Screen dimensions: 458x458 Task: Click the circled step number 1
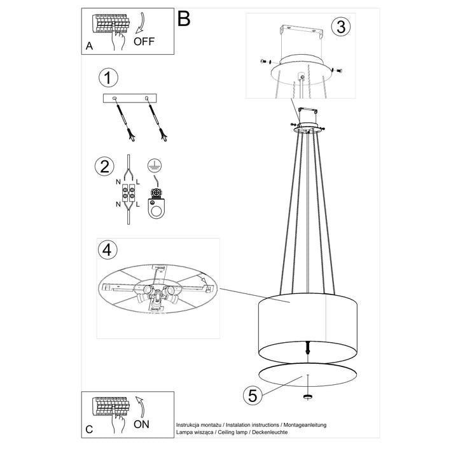click(108, 78)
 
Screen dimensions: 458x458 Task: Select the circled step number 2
click(104, 166)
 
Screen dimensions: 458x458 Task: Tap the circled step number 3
click(341, 27)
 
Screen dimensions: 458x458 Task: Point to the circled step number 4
click(108, 250)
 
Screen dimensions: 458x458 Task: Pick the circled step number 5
click(253, 396)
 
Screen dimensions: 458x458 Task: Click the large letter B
click(184, 18)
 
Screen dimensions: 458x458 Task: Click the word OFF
click(144, 41)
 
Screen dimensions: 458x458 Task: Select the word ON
click(141, 424)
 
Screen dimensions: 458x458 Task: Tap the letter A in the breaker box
click(89, 46)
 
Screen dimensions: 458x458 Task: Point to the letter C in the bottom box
click(89, 429)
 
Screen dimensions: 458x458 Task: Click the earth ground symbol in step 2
click(155, 165)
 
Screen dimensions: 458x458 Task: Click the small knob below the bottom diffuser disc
click(308, 396)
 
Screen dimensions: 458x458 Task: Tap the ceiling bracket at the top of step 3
click(301, 31)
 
